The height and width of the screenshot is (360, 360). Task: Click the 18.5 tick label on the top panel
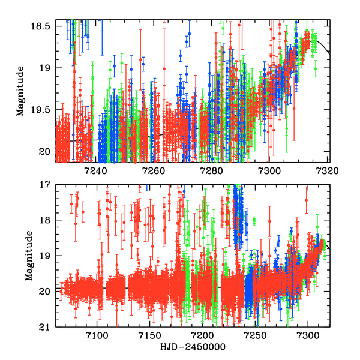pyautogui.click(x=41, y=26)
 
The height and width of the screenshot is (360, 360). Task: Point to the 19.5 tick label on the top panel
pyautogui.click(x=41, y=110)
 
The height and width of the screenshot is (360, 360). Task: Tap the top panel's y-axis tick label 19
pyautogui.click(x=45, y=68)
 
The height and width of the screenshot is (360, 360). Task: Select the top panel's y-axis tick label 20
pyautogui.click(x=45, y=152)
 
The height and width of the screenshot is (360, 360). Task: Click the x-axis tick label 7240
pyautogui.click(x=96, y=171)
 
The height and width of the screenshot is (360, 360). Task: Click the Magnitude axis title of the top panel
pyautogui.click(x=20, y=94)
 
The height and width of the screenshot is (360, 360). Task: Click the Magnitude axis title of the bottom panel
pyautogui.click(x=20, y=256)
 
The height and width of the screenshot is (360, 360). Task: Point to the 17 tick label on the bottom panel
pyautogui.click(x=45, y=185)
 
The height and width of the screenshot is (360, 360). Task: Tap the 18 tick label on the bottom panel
pyautogui.click(x=45, y=220)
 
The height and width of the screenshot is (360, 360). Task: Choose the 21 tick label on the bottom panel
pyautogui.click(x=45, y=326)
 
